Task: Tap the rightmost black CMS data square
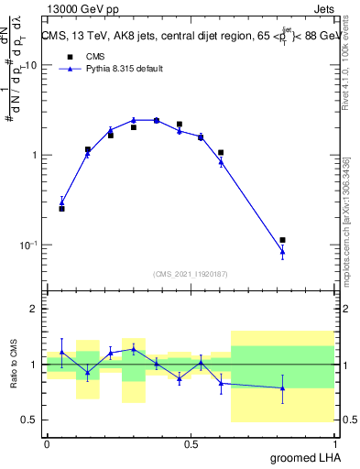coord(283,240)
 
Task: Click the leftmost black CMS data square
coord(61,209)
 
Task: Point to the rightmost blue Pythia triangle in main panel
coord(283,251)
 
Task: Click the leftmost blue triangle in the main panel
coord(61,202)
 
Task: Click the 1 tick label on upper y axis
coord(35,156)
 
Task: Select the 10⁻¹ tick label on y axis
coord(29,245)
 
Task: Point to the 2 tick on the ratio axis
coord(35,310)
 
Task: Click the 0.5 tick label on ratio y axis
coord(30,420)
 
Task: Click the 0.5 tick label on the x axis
coord(191,444)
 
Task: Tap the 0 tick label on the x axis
coord(47,444)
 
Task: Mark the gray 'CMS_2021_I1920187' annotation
coord(191,274)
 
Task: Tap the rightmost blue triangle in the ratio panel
coord(283,388)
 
